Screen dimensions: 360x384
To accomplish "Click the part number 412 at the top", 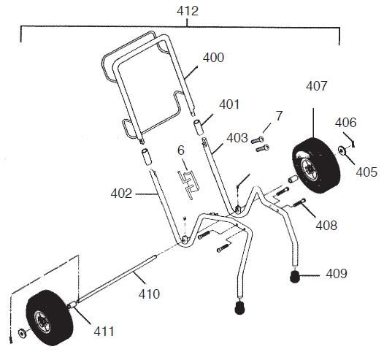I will click(188, 12).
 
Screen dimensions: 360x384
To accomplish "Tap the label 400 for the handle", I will click(213, 57).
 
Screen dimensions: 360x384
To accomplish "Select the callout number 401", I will click(229, 104).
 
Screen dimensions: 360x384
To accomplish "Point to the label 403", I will click(237, 137).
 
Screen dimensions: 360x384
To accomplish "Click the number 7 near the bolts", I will click(278, 115).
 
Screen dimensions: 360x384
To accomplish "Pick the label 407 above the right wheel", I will click(316, 86).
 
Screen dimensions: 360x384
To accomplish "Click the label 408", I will click(326, 226).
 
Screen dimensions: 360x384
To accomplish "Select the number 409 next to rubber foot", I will click(337, 274).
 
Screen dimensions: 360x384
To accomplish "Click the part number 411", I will click(104, 331).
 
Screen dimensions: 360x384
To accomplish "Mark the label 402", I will click(120, 194).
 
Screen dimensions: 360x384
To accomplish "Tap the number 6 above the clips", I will click(181, 150).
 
